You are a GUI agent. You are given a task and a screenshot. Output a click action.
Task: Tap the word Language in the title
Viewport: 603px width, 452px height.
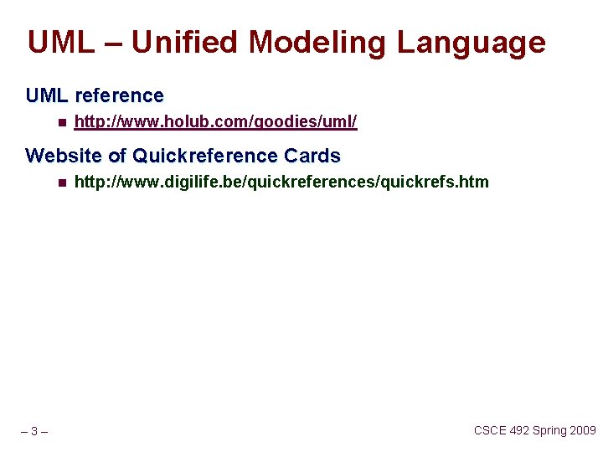471,42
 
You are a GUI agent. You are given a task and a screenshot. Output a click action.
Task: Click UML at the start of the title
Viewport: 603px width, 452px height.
61,42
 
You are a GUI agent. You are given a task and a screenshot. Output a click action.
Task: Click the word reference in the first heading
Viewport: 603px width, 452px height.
119,95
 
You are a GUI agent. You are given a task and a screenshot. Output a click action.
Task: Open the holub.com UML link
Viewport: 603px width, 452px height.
215,122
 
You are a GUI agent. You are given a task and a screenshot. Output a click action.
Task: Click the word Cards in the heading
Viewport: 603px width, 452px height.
312,156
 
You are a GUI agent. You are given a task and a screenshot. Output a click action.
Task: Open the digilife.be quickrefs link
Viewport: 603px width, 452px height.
281,182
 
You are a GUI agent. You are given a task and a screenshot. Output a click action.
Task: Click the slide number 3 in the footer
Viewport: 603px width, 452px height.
33,432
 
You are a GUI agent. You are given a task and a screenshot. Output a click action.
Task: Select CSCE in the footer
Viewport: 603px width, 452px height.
490,430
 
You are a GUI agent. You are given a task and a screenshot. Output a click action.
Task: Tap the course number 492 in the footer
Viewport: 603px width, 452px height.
520,430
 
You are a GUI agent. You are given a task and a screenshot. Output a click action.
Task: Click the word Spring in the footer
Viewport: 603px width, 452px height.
550,430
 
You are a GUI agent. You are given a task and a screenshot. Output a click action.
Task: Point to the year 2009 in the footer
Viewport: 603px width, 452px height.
584,430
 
